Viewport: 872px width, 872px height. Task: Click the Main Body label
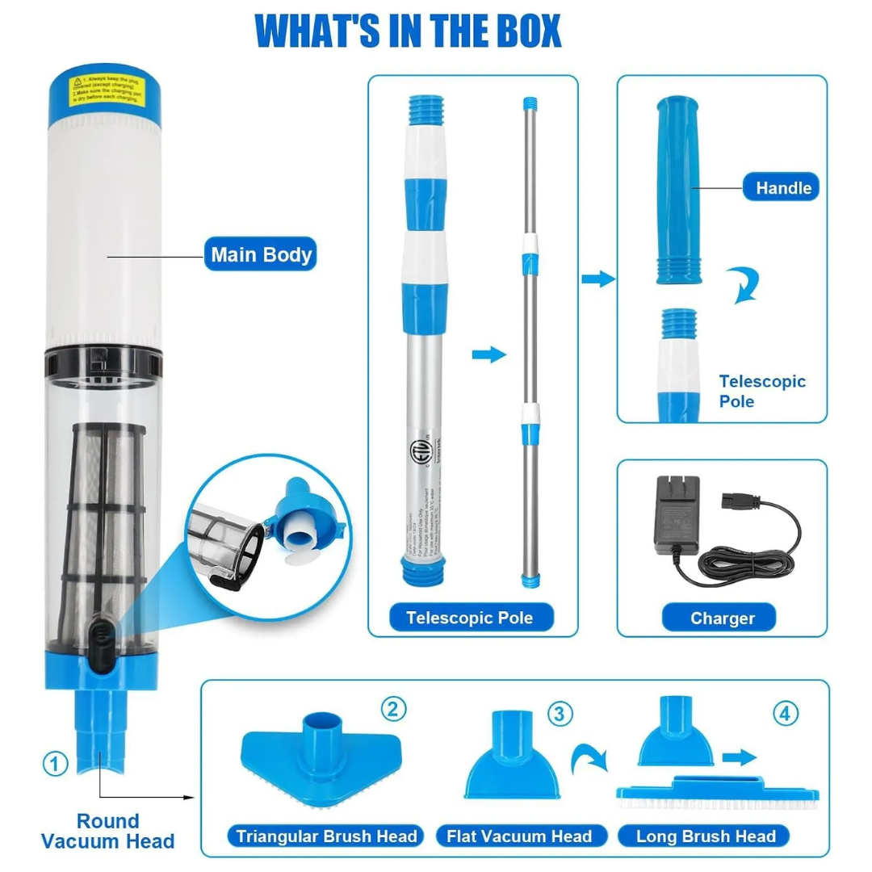pos(261,255)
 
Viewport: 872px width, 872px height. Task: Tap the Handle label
pos(782,188)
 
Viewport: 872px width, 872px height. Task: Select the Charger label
pos(722,618)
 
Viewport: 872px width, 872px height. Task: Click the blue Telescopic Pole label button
pos(468,618)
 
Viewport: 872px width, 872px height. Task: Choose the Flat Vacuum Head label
pos(519,836)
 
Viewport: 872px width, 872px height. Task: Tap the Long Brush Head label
pos(705,836)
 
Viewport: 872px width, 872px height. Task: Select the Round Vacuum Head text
pos(107,831)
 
